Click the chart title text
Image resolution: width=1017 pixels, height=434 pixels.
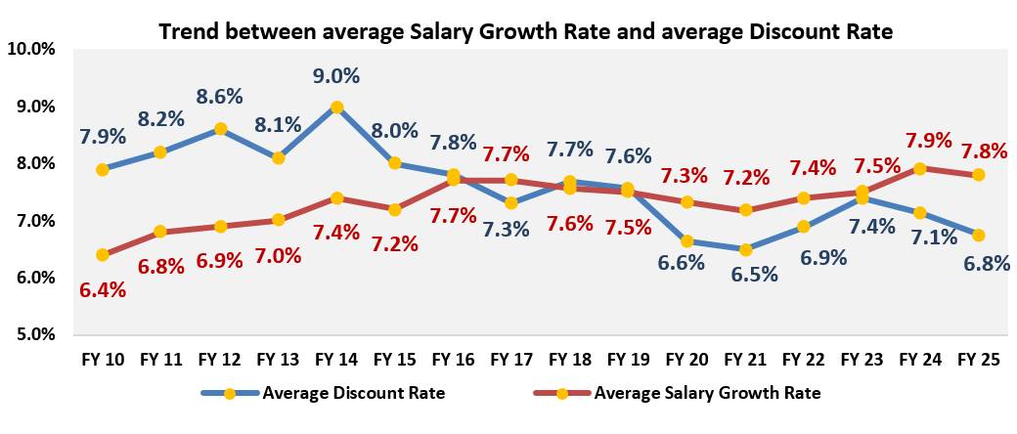tap(525, 30)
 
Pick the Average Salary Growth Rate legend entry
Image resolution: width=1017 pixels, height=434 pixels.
tap(706, 394)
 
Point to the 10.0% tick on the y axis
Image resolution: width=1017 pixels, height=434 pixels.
tap(32, 49)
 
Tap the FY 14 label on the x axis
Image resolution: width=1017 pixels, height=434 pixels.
tap(336, 361)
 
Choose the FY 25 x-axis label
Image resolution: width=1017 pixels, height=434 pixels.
tap(977, 361)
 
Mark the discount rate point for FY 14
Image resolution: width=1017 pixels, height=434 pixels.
tap(337, 108)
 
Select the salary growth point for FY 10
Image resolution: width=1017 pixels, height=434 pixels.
tap(104, 255)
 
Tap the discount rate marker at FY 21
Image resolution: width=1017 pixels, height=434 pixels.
tap(746, 249)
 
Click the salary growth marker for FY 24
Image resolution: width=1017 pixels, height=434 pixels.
tap(919, 169)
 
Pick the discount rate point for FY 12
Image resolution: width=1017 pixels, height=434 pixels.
tap(221, 129)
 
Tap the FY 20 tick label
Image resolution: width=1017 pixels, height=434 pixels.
tap(687, 361)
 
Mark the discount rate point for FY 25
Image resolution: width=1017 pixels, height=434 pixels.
tap(977, 235)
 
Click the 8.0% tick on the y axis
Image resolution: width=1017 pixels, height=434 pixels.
tap(34, 163)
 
